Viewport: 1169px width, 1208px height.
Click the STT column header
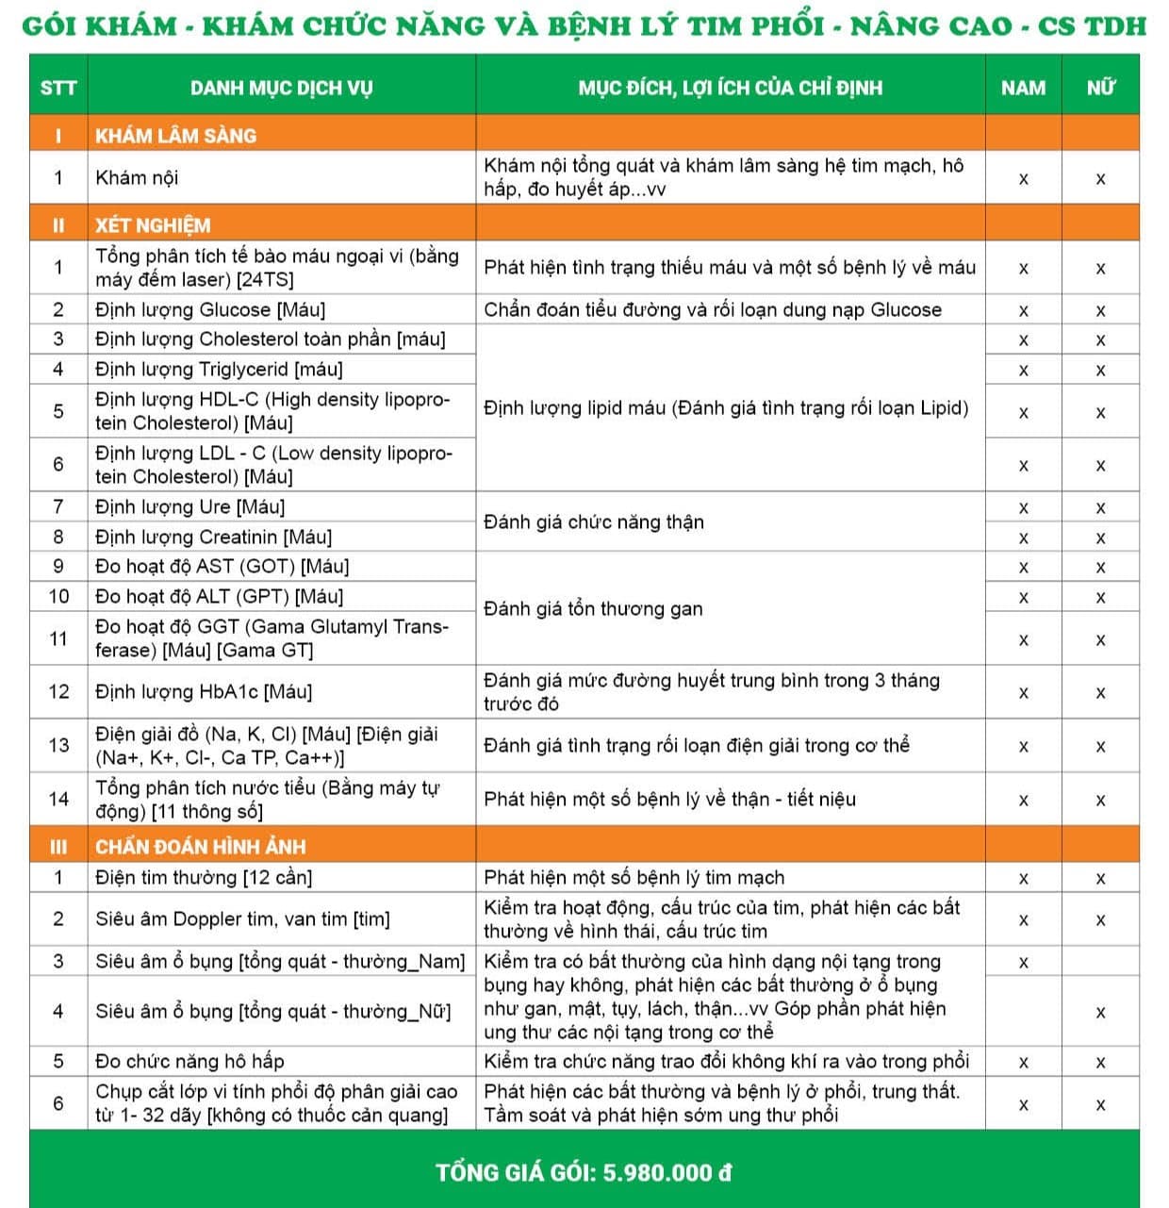coord(58,88)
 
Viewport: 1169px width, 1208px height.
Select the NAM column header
coord(1023,88)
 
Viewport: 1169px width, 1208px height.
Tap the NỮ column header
coord(1100,88)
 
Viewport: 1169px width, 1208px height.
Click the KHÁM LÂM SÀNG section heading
coord(175,136)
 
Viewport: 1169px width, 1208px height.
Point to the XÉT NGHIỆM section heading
coord(153,225)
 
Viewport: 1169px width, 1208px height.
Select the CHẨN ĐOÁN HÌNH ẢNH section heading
coord(201,846)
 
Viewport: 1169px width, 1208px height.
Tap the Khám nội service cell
coord(137,177)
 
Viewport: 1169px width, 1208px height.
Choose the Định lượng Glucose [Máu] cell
coord(210,309)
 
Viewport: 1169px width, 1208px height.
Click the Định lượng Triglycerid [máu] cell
coord(219,369)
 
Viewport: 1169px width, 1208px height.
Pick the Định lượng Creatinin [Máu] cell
coord(213,537)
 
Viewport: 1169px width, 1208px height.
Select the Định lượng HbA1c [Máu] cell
coord(204,691)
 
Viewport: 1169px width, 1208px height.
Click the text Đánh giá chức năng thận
coord(594,521)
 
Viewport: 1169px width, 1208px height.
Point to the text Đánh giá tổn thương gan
coord(593,608)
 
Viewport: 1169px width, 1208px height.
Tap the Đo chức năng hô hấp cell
coord(189,1061)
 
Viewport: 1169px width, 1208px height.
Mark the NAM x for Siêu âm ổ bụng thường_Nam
coord(1023,963)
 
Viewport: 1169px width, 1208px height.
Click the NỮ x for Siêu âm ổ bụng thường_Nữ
coord(1100,1012)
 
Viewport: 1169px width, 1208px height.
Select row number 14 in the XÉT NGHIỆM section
coord(58,799)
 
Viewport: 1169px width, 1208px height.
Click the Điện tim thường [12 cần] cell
coord(204,877)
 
